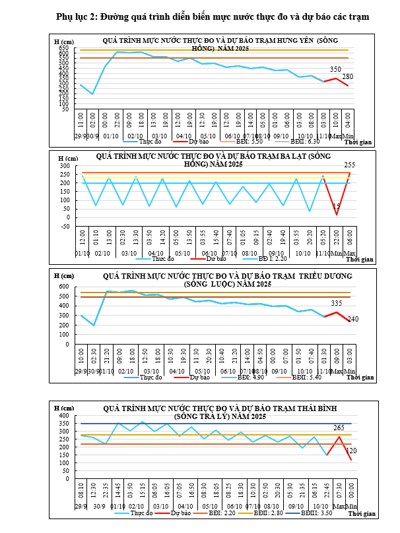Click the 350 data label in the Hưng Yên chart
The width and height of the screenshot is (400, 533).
click(335, 69)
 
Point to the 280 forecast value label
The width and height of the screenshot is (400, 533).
click(348, 77)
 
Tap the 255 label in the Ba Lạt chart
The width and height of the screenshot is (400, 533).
click(350, 165)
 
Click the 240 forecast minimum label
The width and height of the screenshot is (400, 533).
click(353, 320)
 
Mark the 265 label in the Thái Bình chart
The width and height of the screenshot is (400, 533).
click(339, 428)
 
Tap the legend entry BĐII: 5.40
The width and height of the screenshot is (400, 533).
click(309, 377)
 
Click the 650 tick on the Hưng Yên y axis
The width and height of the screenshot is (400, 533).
click(64, 47)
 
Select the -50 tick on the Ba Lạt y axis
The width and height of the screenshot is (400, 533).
click(64, 226)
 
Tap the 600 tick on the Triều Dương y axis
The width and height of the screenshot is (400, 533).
click(64, 287)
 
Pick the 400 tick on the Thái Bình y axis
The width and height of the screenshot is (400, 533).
click(64, 416)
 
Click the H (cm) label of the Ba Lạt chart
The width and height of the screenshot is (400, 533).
click(67, 158)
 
